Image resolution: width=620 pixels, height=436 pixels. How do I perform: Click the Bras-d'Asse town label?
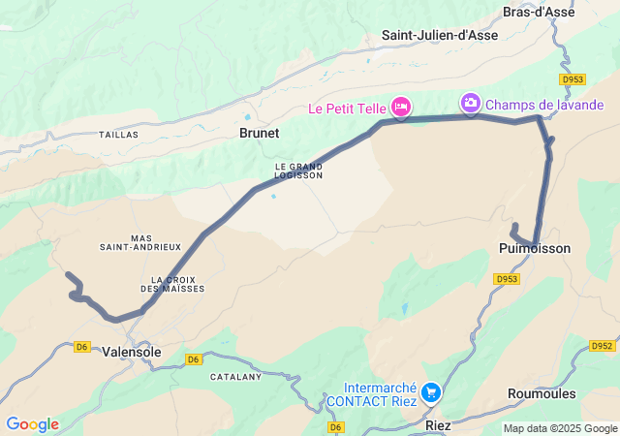click(539, 12)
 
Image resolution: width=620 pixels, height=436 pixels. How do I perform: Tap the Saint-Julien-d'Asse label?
click(439, 35)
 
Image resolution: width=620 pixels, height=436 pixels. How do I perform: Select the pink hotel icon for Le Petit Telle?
click(401, 106)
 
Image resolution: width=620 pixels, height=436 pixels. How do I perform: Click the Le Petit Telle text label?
click(347, 109)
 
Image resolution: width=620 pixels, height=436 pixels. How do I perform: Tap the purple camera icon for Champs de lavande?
click(471, 103)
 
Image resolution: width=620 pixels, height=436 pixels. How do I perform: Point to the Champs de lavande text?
click(544, 105)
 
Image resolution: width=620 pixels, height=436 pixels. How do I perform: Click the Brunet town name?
click(259, 134)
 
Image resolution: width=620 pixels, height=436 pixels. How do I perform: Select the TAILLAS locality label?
click(118, 135)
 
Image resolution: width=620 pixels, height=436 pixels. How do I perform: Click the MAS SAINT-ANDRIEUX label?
click(140, 242)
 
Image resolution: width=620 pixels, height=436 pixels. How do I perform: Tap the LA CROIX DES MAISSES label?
click(172, 284)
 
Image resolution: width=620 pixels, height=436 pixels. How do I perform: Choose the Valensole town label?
click(132, 353)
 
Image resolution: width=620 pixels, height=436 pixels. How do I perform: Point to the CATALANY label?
click(236, 376)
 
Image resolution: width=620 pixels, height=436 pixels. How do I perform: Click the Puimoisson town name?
click(535, 249)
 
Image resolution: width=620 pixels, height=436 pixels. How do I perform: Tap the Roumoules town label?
click(542, 393)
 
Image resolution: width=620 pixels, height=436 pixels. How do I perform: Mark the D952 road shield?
click(602, 346)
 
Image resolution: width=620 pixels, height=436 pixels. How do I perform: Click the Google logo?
click(32, 424)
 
